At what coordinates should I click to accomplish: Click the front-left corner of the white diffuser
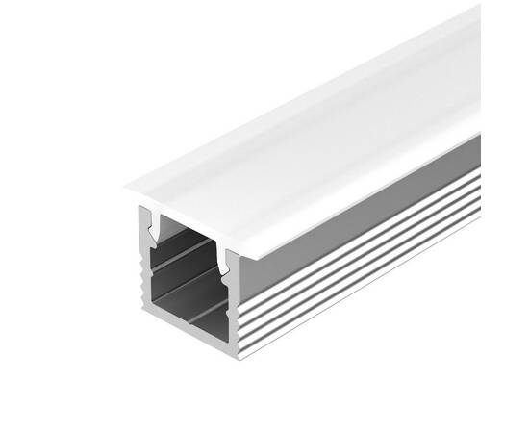point(126,186)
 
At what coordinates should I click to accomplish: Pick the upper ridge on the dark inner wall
point(188,254)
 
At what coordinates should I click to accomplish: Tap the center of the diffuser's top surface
point(308,125)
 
